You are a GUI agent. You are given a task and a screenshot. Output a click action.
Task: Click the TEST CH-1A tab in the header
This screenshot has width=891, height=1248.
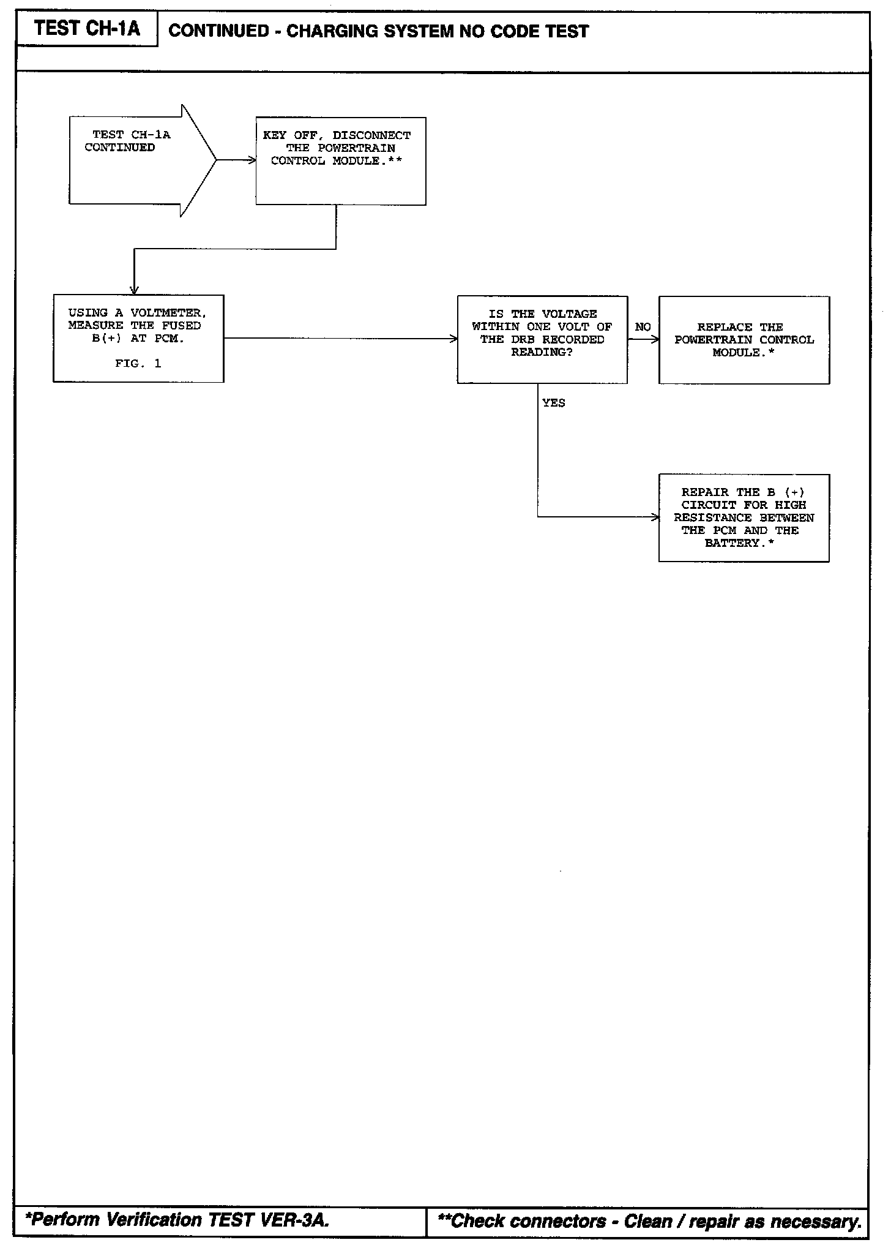(x=87, y=29)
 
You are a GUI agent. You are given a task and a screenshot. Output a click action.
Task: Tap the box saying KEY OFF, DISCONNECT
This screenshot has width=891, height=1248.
(x=340, y=161)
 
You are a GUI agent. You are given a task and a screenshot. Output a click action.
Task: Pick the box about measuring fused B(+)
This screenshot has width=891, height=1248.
(x=138, y=339)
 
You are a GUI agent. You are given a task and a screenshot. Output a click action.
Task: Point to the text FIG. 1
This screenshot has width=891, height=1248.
(x=138, y=364)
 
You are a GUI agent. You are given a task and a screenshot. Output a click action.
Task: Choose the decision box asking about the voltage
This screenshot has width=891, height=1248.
(x=542, y=340)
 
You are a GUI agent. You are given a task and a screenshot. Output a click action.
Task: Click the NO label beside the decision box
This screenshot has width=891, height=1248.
(x=643, y=327)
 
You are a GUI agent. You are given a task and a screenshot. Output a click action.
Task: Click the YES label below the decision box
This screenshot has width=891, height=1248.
(x=553, y=403)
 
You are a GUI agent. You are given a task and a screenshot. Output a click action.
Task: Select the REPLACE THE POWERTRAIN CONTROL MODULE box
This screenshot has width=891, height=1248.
(x=744, y=340)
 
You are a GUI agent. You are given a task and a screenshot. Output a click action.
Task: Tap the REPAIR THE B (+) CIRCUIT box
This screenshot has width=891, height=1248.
(x=744, y=517)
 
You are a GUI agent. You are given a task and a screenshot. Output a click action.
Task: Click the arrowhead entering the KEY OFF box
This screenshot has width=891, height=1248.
(x=252, y=160)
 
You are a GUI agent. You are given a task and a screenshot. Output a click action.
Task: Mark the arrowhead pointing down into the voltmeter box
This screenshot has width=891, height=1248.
(x=134, y=291)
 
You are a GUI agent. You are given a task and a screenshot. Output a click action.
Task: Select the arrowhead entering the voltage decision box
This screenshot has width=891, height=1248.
(x=453, y=339)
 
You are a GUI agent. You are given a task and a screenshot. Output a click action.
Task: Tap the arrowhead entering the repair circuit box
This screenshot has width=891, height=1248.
(x=655, y=517)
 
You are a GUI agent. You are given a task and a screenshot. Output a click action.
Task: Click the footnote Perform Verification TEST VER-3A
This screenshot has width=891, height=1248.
(x=177, y=1220)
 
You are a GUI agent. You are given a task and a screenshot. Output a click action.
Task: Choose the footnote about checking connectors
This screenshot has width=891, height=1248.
(x=649, y=1222)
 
